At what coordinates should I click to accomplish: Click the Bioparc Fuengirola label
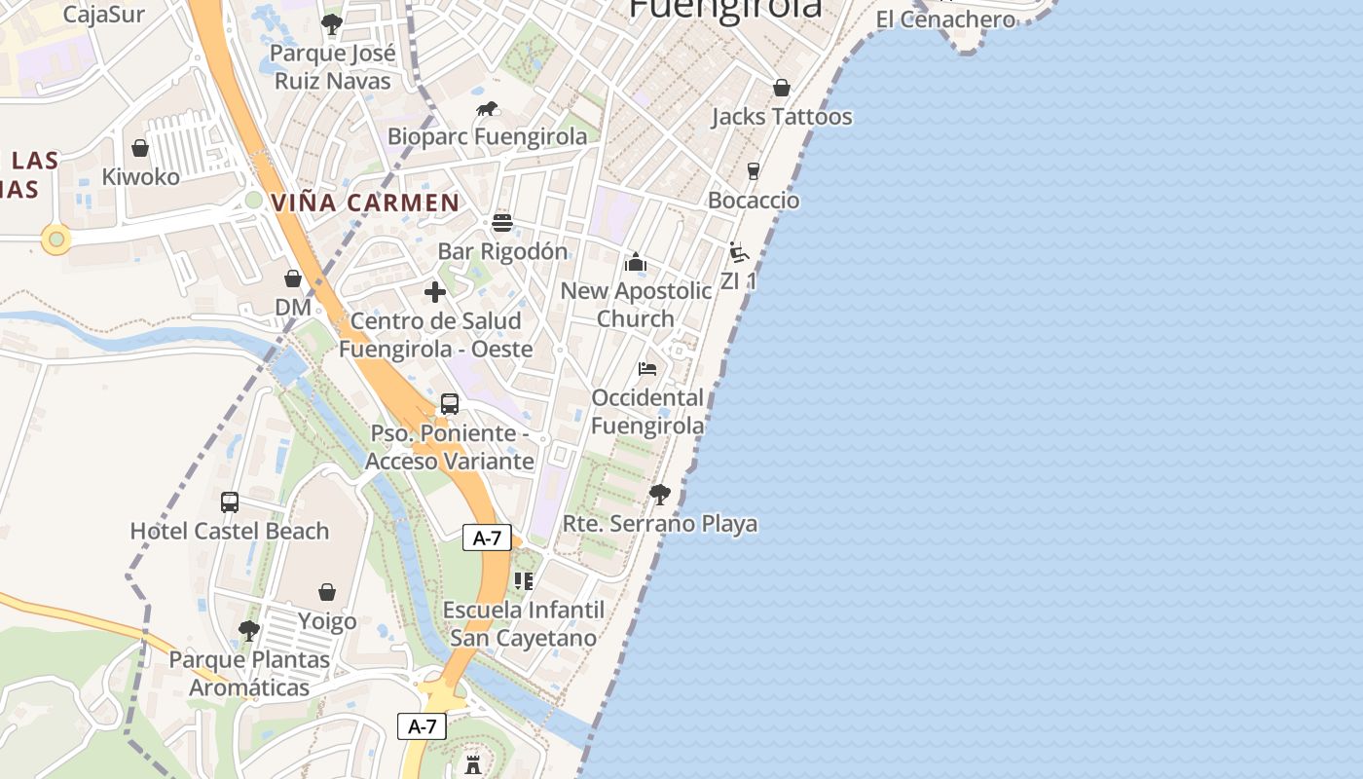(488, 136)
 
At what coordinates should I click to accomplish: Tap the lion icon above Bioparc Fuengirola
(488, 109)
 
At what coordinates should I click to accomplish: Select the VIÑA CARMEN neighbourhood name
(365, 203)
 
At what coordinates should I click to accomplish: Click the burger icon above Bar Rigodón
(502, 223)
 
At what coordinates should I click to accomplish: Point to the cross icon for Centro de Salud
(435, 292)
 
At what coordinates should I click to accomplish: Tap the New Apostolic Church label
(636, 305)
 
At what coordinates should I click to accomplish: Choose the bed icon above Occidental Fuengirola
(647, 369)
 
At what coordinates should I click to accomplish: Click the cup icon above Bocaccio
(754, 171)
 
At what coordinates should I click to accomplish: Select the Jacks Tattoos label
(782, 117)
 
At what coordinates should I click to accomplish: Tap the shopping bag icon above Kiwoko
(140, 148)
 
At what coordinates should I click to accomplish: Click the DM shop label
(292, 308)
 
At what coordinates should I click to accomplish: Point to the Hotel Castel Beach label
(230, 532)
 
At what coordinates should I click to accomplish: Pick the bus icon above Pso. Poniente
(450, 404)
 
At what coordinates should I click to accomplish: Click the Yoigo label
(327, 621)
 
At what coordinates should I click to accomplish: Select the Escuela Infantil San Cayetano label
(524, 624)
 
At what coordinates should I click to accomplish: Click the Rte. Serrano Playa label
(660, 524)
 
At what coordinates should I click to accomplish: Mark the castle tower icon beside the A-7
(473, 762)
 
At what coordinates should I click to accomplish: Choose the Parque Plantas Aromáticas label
(249, 674)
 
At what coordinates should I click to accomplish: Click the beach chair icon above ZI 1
(739, 252)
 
